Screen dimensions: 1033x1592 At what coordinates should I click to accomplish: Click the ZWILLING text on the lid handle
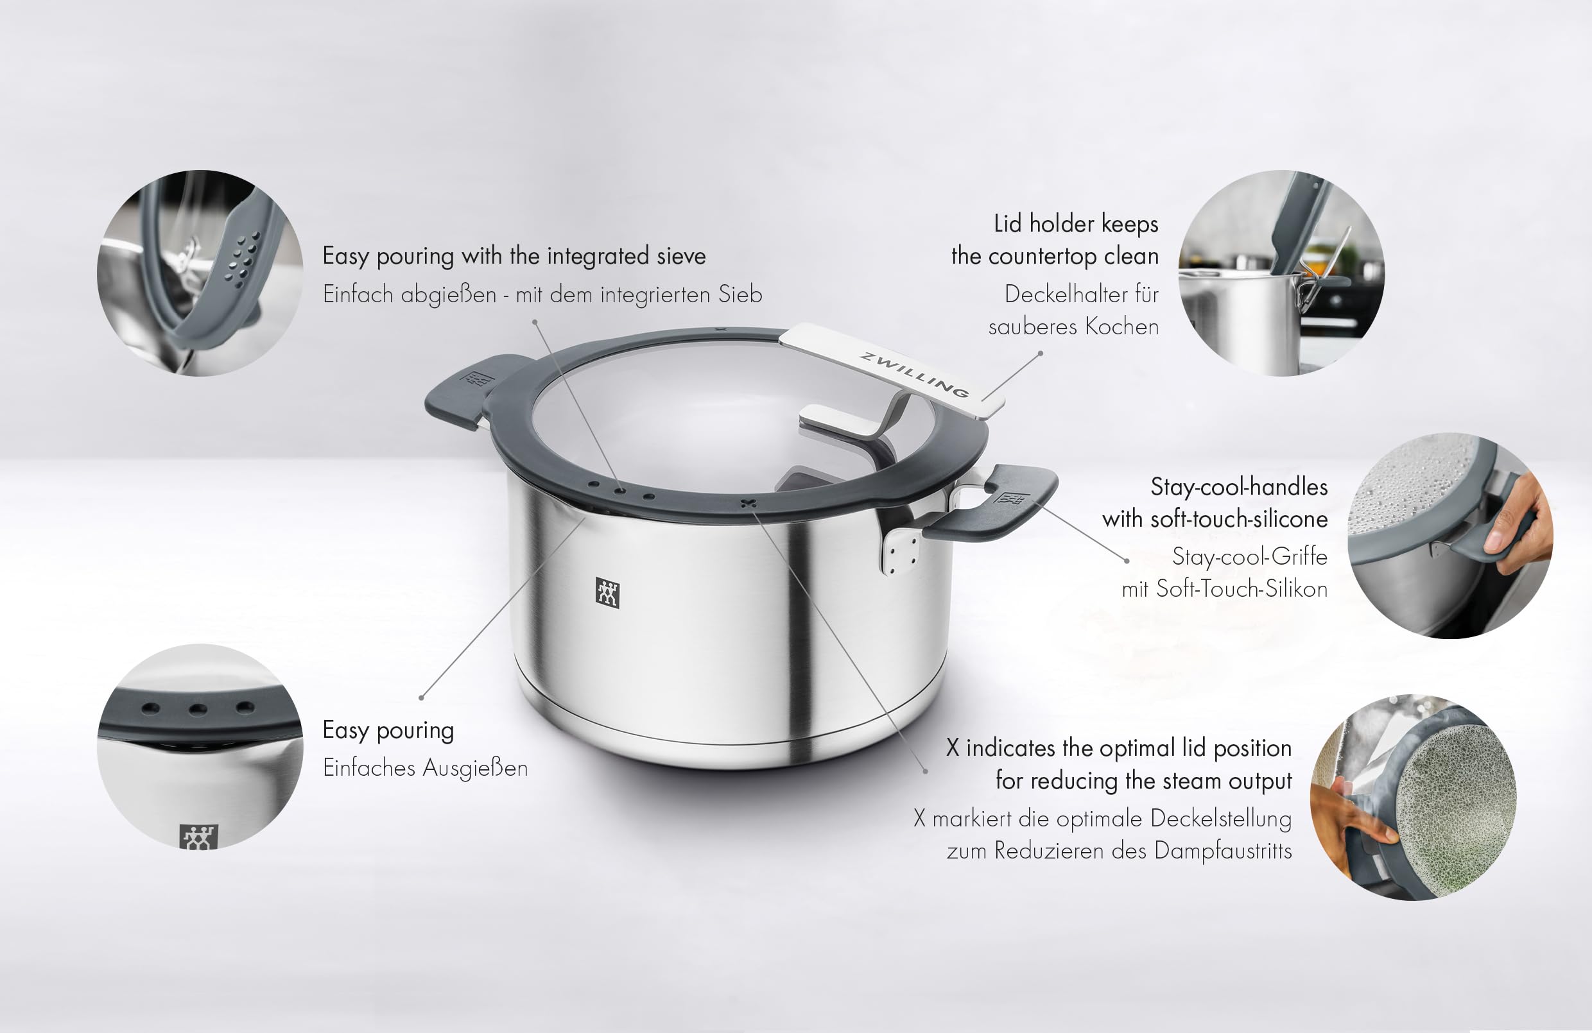click(913, 375)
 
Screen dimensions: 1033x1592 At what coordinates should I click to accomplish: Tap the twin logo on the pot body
click(607, 593)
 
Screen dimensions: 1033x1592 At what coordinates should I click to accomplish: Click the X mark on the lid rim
click(748, 503)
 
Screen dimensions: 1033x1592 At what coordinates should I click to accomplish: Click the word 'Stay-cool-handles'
click(1239, 487)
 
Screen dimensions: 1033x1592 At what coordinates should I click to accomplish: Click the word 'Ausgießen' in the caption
click(476, 768)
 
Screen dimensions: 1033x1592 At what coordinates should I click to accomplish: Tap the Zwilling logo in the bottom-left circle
click(198, 837)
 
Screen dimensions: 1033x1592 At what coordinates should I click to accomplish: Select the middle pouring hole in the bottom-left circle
click(198, 709)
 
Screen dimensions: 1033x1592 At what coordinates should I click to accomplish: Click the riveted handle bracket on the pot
click(901, 552)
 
